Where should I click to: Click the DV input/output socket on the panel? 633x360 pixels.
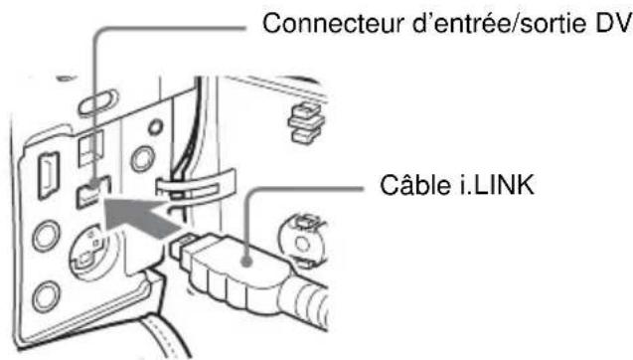tap(90, 187)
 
